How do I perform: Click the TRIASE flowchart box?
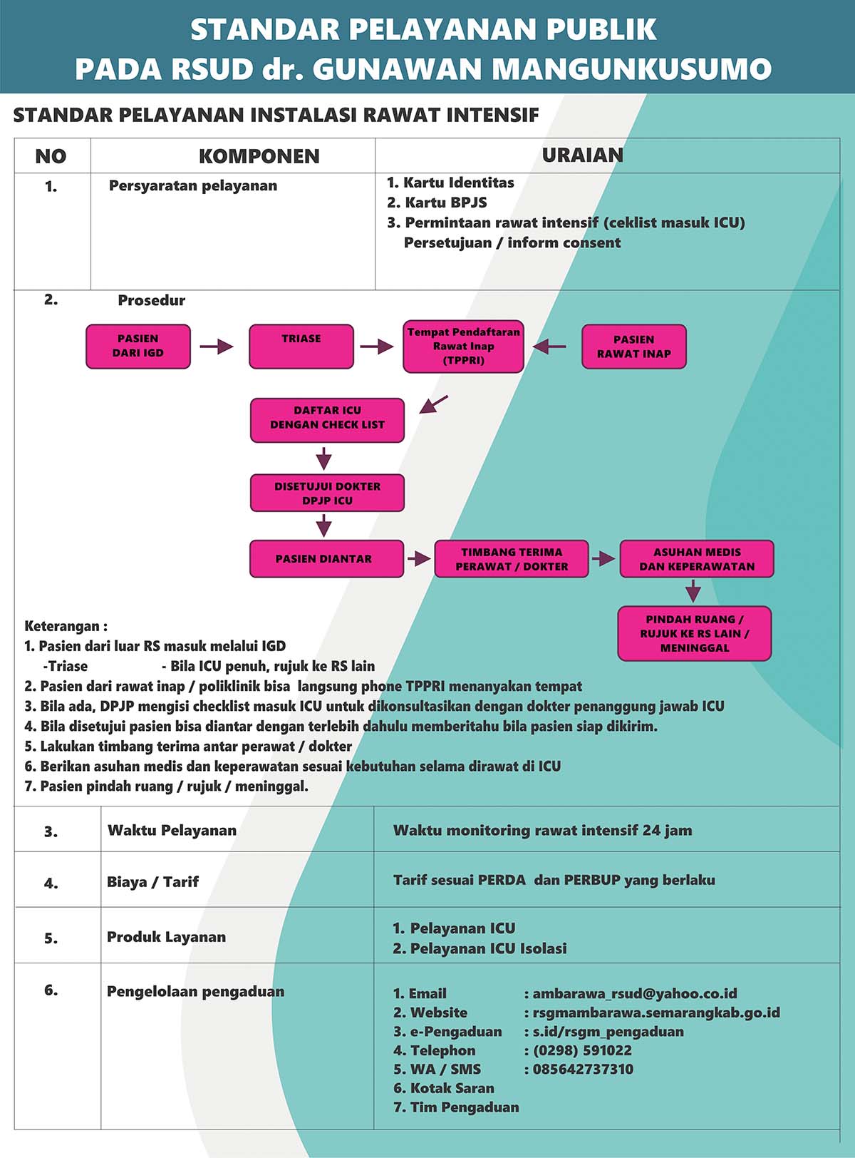click(301, 346)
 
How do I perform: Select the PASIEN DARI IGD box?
click(138, 346)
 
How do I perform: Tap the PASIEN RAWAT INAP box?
click(634, 347)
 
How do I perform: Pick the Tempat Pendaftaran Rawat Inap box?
click(463, 346)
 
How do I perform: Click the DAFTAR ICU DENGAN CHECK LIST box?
click(327, 420)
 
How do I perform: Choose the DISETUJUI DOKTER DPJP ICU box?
click(327, 493)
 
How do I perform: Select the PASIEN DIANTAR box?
click(326, 558)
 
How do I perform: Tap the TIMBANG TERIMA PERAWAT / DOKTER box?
click(512, 558)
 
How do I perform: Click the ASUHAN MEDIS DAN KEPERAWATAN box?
click(697, 558)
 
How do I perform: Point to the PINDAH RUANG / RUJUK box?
click(694, 633)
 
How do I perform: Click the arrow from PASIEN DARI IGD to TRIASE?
click(217, 346)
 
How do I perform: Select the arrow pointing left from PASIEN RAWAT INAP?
click(549, 346)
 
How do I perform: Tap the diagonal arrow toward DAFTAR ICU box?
click(434, 404)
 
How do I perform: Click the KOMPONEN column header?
click(259, 156)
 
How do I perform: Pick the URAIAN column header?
click(583, 155)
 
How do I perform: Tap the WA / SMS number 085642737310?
click(584, 1069)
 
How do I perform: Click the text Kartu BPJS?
click(446, 203)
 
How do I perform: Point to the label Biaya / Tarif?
click(153, 882)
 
